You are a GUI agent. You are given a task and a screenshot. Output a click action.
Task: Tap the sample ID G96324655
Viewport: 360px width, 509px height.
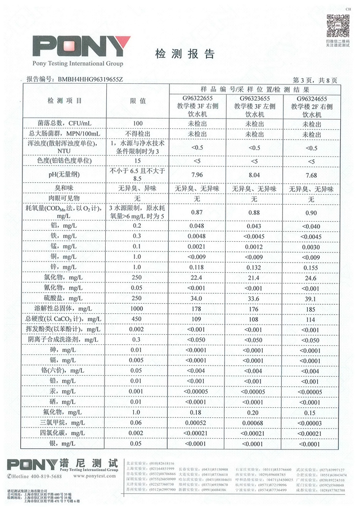[310, 98]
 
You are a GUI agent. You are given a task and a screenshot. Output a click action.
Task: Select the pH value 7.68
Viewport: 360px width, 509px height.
[310, 174]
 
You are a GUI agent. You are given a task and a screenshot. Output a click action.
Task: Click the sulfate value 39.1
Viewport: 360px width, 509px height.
[310, 298]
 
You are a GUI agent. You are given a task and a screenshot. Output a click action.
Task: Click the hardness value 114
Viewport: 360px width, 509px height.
[310, 319]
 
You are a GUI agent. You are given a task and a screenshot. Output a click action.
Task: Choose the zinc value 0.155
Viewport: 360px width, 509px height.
[310, 267]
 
